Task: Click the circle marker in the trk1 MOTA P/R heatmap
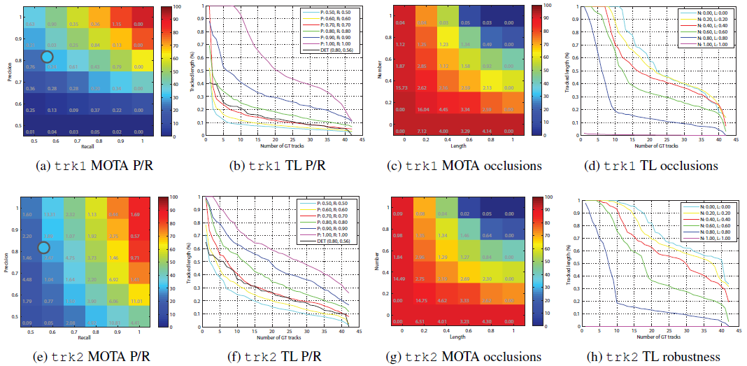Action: [x=48, y=57]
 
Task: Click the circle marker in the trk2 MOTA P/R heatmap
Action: [x=44, y=247]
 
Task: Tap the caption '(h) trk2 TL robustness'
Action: [x=653, y=357]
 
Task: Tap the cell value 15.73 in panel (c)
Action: [x=402, y=87]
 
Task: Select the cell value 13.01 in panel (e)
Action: [x=49, y=215]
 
